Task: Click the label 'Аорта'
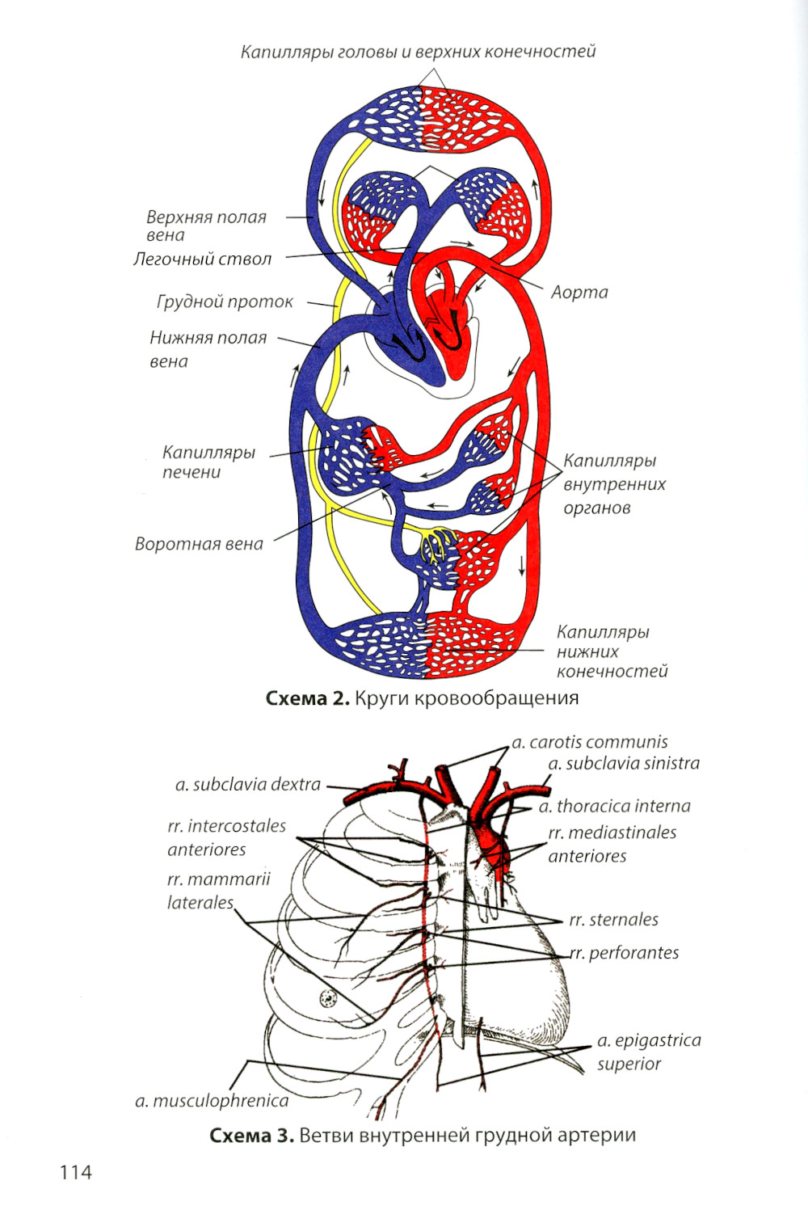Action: [x=579, y=292]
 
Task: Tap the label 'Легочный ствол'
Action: [x=202, y=259]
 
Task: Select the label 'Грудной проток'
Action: [x=224, y=302]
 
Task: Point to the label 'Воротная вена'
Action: [x=199, y=544]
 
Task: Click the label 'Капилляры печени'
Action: [x=208, y=462]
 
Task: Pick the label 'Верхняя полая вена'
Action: [x=205, y=226]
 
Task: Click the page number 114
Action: [x=75, y=1171]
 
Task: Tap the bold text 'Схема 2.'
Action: [x=307, y=698]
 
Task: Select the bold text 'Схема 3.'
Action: [x=250, y=1135]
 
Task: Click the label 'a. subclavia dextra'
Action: [x=247, y=784]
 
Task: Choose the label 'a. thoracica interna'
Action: [x=614, y=806]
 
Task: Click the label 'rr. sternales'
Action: [x=613, y=919]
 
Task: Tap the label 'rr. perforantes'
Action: [x=624, y=953]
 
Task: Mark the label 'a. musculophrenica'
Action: [x=211, y=1100]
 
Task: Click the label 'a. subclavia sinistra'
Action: [x=623, y=763]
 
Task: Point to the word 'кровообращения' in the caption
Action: [x=496, y=698]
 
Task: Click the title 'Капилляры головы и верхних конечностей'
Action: [x=418, y=52]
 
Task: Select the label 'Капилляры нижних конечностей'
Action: [x=611, y=651]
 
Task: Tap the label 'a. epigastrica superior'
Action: [x=648, y=1052]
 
